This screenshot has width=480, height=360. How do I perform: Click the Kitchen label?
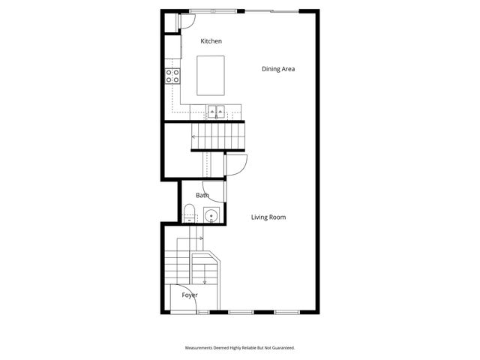click(211, 41)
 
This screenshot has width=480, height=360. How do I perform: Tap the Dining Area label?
click(277, 69)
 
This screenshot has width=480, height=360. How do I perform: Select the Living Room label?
click(268, 217)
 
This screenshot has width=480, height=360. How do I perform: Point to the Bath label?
click(202, 196)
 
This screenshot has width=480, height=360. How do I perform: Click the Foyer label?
click(190, 295)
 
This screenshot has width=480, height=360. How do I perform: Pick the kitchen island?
click(211, 75)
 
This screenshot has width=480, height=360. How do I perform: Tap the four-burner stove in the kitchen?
click(172, 75)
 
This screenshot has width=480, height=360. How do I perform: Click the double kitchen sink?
click(217, 113)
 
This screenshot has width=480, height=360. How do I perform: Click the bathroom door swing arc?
click(214, 193)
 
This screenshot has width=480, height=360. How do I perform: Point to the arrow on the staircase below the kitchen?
click(196, 136)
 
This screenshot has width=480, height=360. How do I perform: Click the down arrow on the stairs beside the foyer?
click(204, 281)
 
